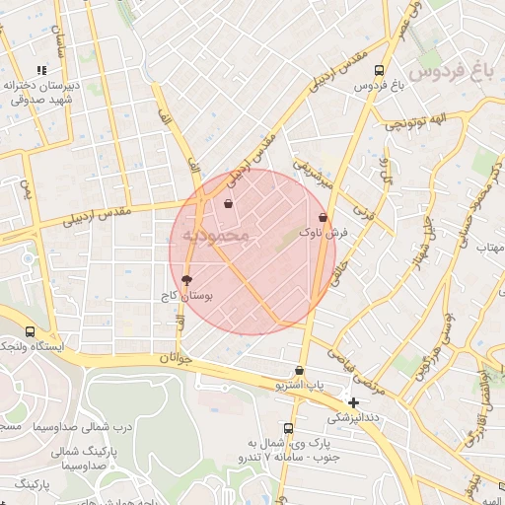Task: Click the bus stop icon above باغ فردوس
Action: [380, 70]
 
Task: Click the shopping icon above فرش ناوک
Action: [323, 217]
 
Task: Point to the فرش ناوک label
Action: [324, 234]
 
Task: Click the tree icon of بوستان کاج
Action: [186, 280]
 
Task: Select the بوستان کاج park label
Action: [186, 295]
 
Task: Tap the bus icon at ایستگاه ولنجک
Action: [31, 332]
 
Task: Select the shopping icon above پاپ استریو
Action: [299, 371]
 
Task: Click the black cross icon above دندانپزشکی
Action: [354, 402]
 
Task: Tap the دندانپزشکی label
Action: [353, 417]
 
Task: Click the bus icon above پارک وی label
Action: [288, 428]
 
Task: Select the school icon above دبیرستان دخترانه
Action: [40, 70]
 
